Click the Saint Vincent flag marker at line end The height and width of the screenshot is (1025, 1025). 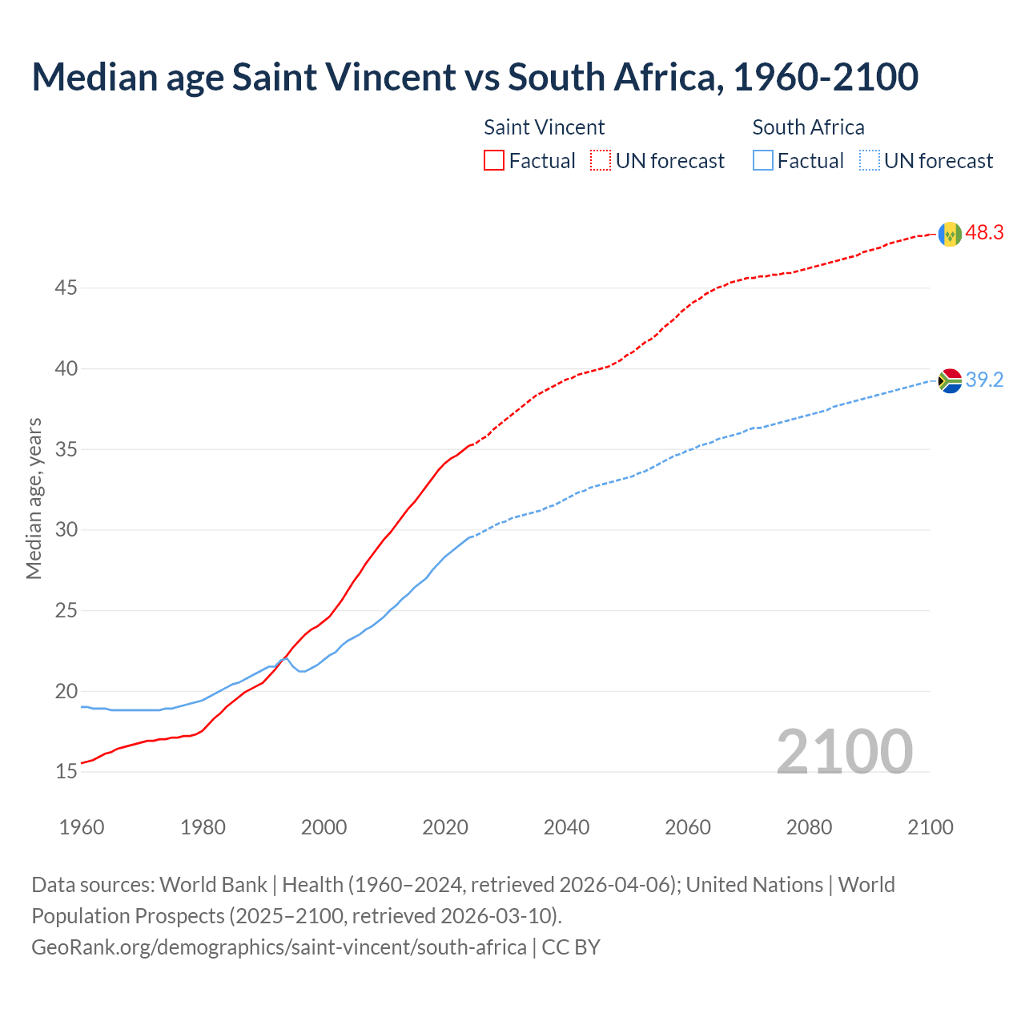(950, 234)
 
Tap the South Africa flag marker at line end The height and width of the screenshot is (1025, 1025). (950, 380)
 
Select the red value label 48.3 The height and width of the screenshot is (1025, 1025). (984, 233)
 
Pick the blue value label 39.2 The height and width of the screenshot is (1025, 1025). (984, 380)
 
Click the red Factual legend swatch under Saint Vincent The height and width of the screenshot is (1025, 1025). (494, 161)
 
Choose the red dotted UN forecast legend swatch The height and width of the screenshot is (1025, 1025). (601, 161)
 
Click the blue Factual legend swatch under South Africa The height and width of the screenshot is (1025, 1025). (763, 161)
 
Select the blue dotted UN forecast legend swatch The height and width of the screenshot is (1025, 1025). (870, 161)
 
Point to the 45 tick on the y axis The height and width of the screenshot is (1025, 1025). (66, 287)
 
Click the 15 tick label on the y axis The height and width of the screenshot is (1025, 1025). (66, 772)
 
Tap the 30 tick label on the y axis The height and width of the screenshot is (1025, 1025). (66, 530)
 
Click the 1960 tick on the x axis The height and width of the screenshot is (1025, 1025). (82, 827)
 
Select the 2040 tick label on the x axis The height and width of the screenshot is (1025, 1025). (566, 827)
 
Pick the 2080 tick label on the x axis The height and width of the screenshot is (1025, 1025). (809, 827)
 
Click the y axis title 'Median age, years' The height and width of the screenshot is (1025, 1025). (34, 498)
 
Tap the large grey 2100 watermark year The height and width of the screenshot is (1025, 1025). (844, 751)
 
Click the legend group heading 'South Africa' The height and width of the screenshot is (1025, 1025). (808, 127)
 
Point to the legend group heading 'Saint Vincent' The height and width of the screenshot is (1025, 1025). (544, 127)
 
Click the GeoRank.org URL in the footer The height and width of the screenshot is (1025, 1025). (279, 947)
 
